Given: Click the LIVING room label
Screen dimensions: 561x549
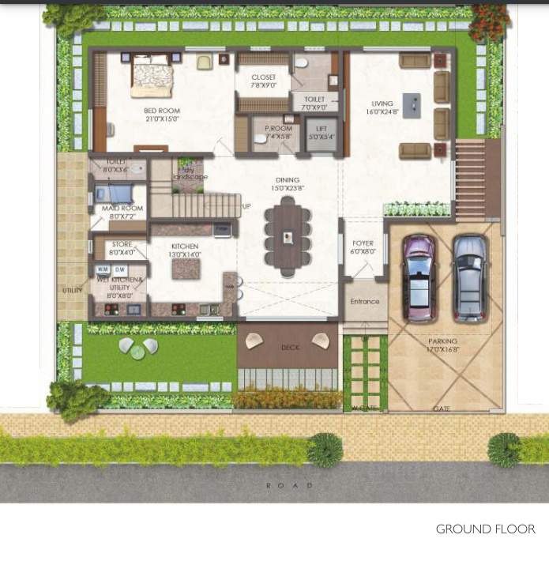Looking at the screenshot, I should (383, 107).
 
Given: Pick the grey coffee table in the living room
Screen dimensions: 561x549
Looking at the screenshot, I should (412, 105).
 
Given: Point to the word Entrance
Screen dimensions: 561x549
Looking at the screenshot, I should (364, 302).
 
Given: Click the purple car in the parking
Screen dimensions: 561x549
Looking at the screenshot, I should (418, 277).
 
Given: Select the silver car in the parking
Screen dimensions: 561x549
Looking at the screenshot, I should (469, 277).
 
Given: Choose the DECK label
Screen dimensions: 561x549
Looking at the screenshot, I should (290, 348).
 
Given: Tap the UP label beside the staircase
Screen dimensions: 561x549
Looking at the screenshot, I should (246, 206).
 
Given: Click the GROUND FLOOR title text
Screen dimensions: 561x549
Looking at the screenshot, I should (485, 529).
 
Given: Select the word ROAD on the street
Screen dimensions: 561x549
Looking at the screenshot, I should (289, 485).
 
